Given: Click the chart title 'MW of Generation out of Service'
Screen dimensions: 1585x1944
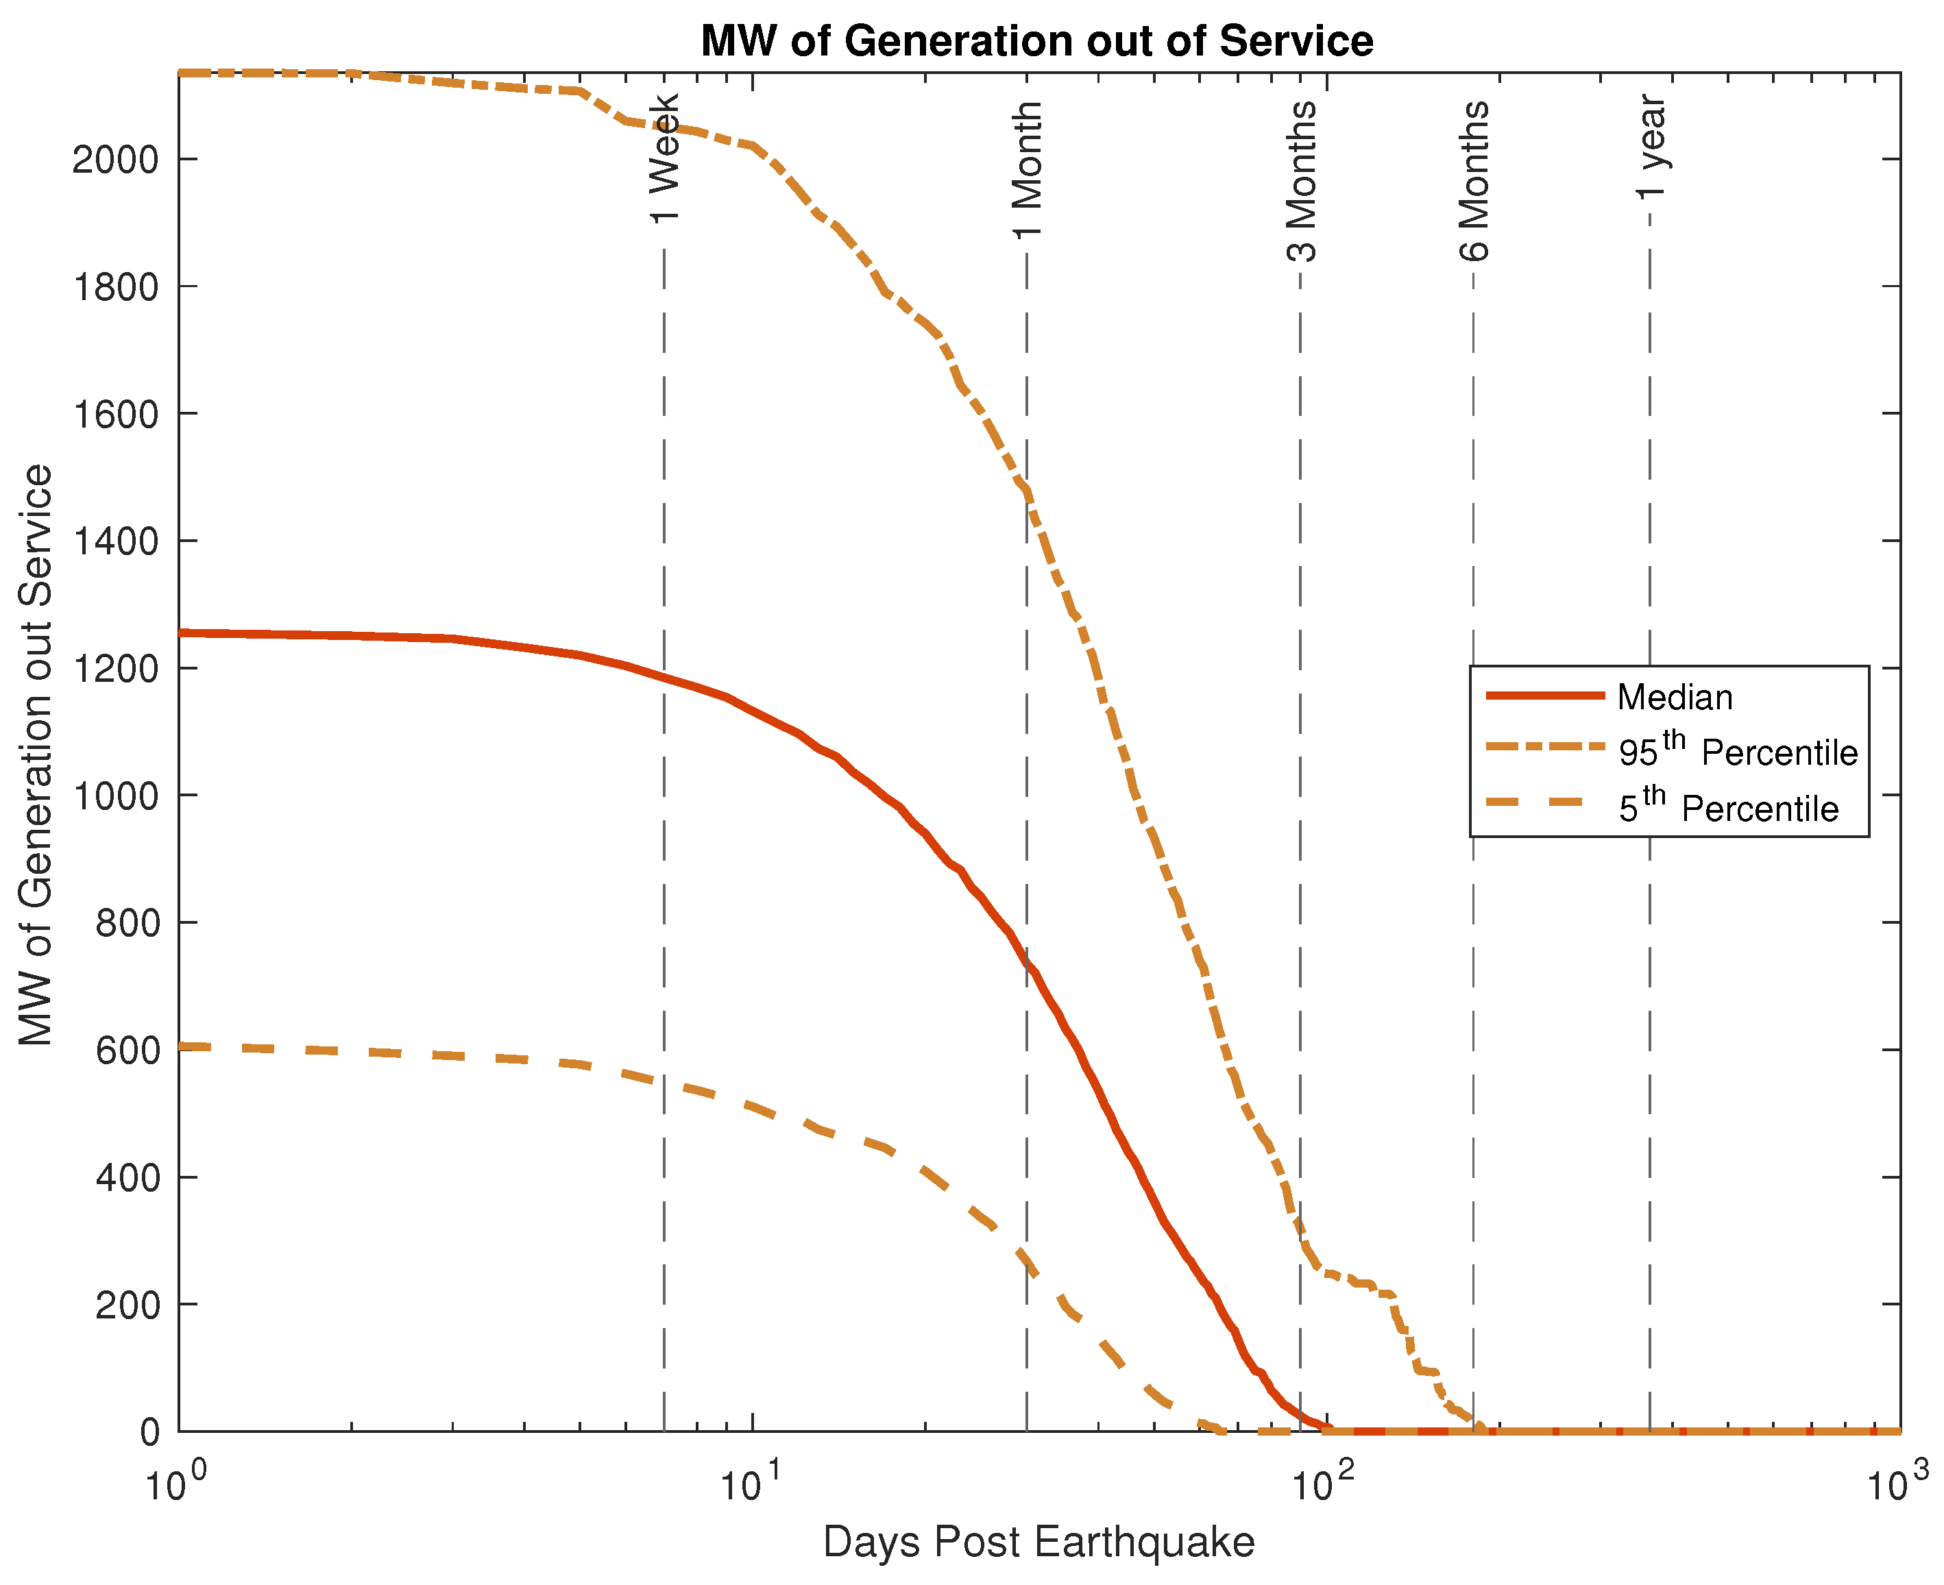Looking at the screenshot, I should (1036, 41).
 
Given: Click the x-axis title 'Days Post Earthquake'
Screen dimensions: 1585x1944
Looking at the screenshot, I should (1038, 1542).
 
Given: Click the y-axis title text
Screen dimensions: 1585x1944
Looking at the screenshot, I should (36, 754).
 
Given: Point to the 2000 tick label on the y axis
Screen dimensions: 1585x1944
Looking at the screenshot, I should (115, 160).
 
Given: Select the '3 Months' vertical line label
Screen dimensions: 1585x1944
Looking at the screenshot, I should (1300, 182).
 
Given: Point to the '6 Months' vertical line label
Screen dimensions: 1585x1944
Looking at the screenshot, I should (1473, 181).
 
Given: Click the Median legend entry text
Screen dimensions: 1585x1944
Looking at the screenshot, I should (1675, 698).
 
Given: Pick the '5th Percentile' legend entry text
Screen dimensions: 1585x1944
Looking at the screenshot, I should (1727, 808).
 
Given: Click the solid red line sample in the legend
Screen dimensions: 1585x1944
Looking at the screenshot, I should (1545, 696).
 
